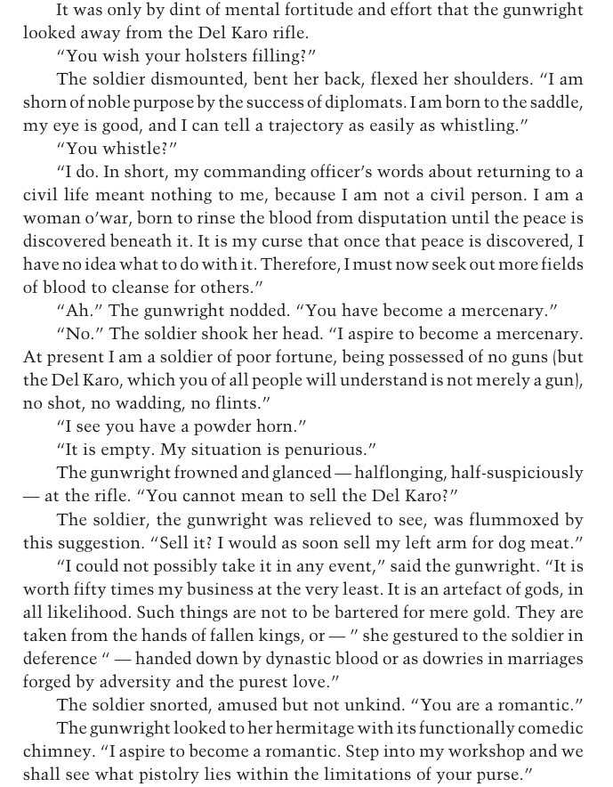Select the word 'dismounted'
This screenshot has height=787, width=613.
(189, 79)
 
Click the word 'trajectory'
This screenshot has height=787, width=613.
(324, 126)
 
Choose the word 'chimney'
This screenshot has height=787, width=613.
(57, 750)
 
